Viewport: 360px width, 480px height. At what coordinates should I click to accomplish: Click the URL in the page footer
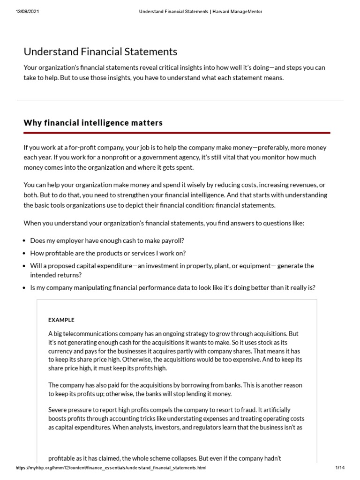[111, 468]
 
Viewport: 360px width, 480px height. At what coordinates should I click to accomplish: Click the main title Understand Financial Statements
[100, 52]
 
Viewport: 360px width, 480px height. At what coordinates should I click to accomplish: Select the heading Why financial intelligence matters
[93, 123]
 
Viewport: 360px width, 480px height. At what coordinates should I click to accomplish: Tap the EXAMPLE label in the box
[61, 320]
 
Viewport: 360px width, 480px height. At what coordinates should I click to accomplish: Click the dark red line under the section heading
[177, 133]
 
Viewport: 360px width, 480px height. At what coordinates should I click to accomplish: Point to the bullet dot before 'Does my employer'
[24, 241]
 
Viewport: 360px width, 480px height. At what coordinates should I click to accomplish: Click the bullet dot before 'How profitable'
[24, 254]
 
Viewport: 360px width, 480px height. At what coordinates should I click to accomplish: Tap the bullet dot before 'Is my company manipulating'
[24, 288]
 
